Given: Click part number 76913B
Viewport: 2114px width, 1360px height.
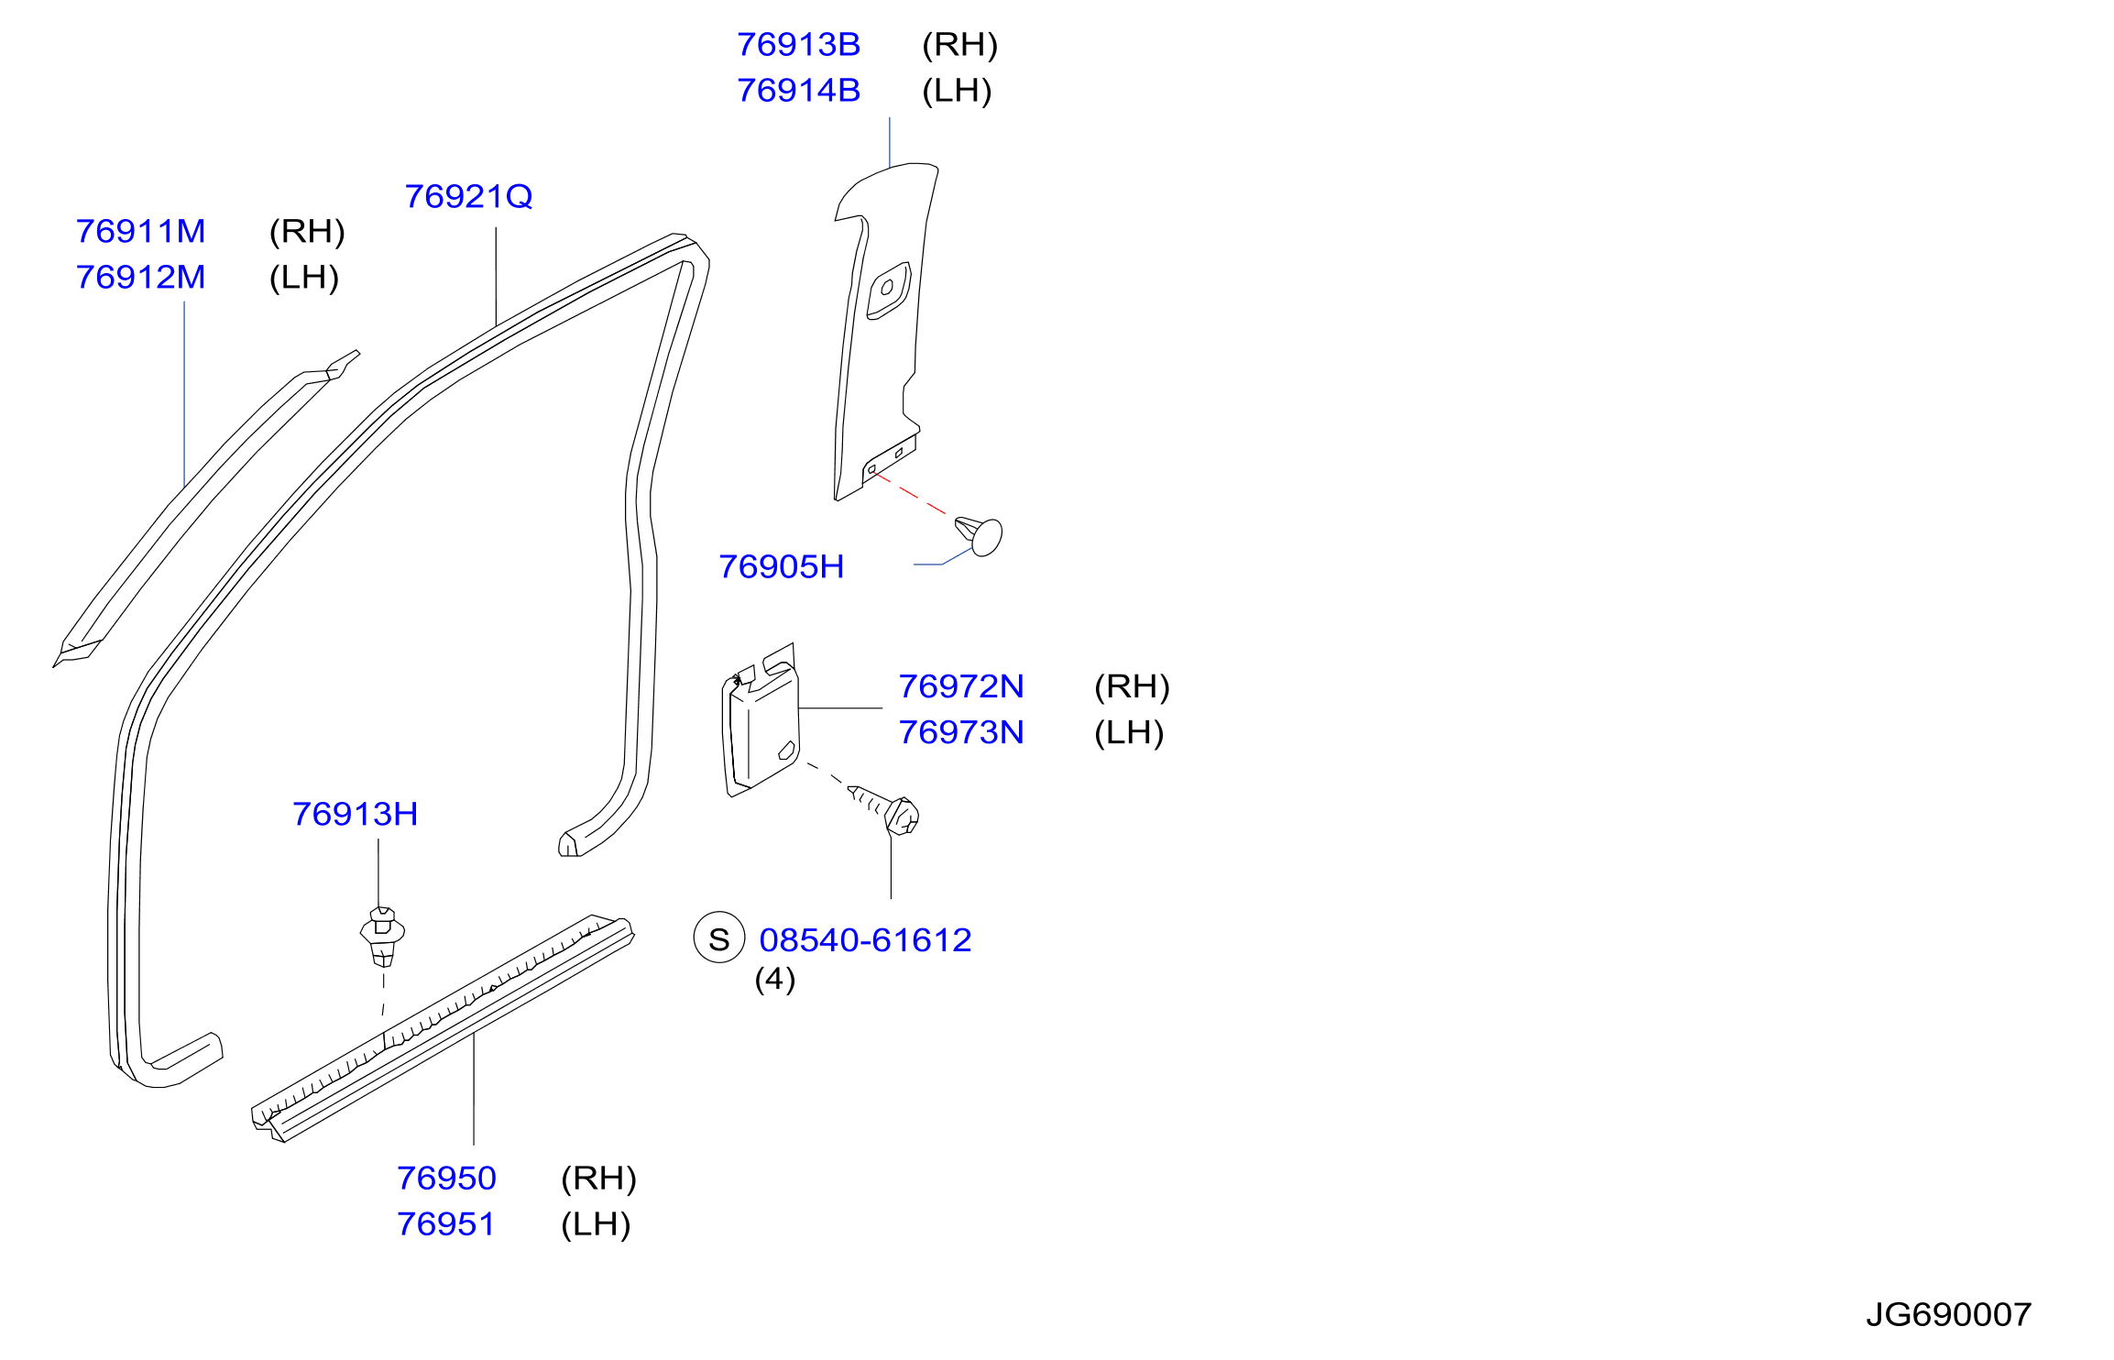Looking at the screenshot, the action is coord(798,45).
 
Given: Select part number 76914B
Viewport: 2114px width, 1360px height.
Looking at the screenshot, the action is coord(798,91).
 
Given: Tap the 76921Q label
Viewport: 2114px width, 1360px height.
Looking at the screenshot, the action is coord(468,197).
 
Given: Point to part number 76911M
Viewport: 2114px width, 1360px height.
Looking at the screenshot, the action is coord(140,232).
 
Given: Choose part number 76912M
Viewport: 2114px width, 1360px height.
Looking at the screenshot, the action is coord(140,278).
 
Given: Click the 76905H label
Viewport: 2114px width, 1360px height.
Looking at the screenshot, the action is coord(781,567).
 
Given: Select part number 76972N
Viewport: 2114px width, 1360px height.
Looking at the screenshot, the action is coord(960,686).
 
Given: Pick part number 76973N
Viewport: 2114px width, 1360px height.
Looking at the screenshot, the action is coord(960,732).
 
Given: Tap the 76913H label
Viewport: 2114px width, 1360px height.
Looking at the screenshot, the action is coord(355,814).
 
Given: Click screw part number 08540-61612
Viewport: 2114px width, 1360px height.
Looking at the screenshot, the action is coord(865,940).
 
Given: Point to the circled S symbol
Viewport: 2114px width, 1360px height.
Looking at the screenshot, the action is coord(719,938).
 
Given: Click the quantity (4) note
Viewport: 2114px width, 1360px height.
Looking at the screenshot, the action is coord(774,980).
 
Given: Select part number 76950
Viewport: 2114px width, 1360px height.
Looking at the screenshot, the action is coord(446,1179).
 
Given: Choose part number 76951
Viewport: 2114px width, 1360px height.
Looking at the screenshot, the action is coord(446,1224).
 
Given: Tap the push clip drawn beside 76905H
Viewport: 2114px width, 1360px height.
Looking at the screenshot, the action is coord(980,536).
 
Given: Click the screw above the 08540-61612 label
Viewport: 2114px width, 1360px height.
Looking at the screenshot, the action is coord(887,810).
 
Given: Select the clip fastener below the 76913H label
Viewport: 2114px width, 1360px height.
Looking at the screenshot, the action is coord(382,936).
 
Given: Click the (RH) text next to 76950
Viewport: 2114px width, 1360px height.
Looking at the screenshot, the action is coord(598,1179).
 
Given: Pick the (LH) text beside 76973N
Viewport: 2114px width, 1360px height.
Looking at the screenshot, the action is coord(1129,732).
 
